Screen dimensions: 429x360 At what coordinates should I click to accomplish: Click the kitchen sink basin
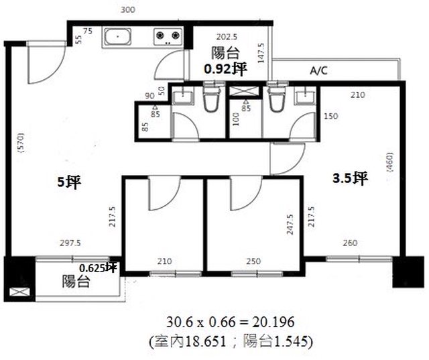pyautogui.click(x=118, y=36)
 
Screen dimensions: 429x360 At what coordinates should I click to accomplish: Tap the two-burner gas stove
pyautogui.click(x=168, y=36)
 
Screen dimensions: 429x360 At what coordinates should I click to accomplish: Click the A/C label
pyautogui.click(x=319, y=70)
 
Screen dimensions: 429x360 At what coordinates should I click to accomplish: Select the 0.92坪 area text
pyautogui.click(x=226, y=68)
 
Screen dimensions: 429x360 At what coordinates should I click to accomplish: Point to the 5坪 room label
pyautogui.click(x=69, y=182)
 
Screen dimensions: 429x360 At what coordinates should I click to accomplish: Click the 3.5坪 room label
pyautogui.click(x=350, y=178)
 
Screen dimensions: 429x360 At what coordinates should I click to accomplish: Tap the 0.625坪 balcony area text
pyautogui.click(x=99, y=267)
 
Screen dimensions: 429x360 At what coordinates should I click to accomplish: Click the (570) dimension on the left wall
pyautogui.click(x=21, y=143)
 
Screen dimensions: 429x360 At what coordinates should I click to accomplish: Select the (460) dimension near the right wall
pyautogui.click(x=389, y=162)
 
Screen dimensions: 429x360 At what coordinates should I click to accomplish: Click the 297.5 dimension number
pyautogui.click(x=70, y=243)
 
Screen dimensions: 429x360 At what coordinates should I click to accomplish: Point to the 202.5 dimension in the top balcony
pyautogui.click(x=227, y=37)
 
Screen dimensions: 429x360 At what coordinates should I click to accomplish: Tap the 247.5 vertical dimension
pyautogui.click(x=290, y=225)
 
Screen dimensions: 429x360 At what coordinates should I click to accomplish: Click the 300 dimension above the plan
pyautogui.click(x=128, y=10)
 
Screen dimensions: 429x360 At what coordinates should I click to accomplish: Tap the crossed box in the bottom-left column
pyautogui.click(x=19, y=292)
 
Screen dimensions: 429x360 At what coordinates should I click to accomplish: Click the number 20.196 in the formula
pyautogui.click(x=273, y=322)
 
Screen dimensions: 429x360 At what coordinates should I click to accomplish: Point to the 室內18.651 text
pyautogui.click(x=190, y=341)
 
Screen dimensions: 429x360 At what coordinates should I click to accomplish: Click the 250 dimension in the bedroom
pyautogui.click(x=253, y=261)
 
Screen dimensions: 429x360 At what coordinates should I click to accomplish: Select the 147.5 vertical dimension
pyautogui.click(x=261, y=53)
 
